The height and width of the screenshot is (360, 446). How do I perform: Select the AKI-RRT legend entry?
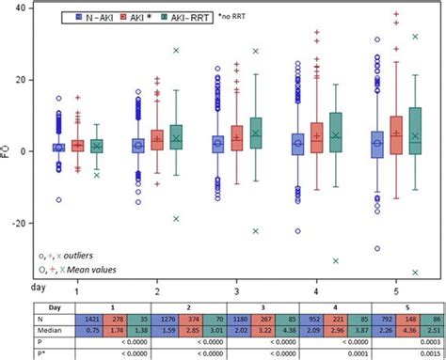186,18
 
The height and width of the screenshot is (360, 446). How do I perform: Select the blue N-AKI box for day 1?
58,147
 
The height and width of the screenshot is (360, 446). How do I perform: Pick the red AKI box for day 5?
395,136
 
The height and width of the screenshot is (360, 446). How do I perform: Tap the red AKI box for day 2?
157,140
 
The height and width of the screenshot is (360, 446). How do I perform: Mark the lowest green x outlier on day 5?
415,273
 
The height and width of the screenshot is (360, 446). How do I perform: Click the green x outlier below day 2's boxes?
176,219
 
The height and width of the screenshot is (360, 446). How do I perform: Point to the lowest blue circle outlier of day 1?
58,199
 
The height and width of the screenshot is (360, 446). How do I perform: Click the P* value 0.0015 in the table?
413,352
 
